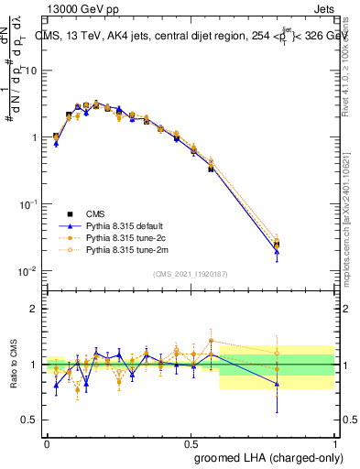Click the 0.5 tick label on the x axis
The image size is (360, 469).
click(191, 442)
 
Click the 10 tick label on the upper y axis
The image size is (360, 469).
click(31, 70)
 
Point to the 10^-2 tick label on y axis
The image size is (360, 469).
click(27, 271)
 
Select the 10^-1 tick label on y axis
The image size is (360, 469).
click(27, 204)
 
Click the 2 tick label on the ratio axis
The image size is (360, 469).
click(35, 309)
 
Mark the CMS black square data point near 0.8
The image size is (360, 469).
click(277, 245)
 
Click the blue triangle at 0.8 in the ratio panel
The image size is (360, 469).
click(277, 385)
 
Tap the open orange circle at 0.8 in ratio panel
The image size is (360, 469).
click(277, 353)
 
